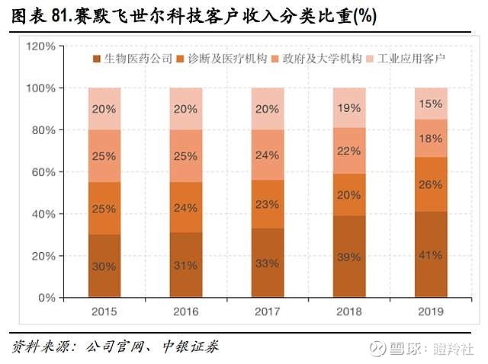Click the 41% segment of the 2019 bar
click(431, 254)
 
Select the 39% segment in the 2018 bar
click(349, 256)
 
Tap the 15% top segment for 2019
click(431, 103)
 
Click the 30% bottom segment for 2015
click(104, 266)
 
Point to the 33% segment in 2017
click(268, 263)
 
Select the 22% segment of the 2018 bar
click(349, 151)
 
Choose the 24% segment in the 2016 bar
click(186, 207)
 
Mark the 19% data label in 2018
click(349, 107)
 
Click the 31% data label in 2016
click(186, 264)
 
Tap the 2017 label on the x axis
click(268, 312)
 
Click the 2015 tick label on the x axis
click(104, 312)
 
